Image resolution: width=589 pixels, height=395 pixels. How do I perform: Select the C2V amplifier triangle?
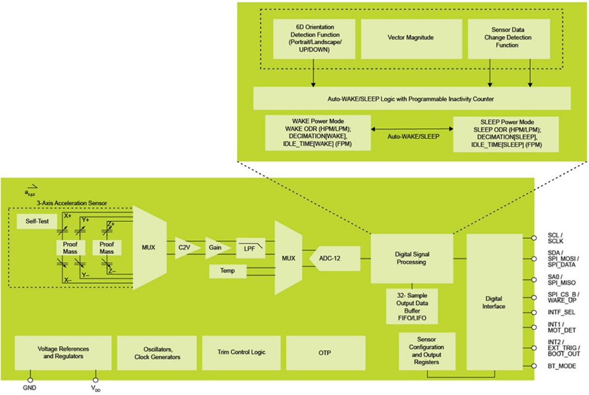click(x=187, y=248)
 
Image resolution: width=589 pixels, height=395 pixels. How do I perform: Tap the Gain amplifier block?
click(x=216, y=248)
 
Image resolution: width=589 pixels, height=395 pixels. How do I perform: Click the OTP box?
click(x=325, y=352)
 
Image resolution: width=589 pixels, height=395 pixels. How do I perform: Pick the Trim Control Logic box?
click(x=240, y=352)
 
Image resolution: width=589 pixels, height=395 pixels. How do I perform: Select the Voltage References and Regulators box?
click(x=63, y=352)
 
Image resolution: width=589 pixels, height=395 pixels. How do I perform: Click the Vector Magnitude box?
click(x=410, y=39)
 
